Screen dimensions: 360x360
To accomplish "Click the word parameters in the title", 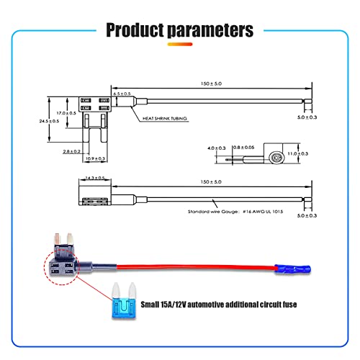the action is tap(210, 30).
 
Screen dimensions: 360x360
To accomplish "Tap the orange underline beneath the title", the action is tap(180, 44).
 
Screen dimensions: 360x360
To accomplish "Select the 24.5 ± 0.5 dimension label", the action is tap(49, 121).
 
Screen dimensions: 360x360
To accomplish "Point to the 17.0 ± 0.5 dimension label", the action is tap(66, 113).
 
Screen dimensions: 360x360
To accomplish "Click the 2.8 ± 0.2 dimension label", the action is tap(71, 151).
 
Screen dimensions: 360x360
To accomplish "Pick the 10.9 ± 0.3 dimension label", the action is tap(95, 158).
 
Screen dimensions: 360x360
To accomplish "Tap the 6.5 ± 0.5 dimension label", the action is tap(122, 94).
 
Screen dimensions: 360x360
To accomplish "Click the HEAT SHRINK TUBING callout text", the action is tap(165, 118).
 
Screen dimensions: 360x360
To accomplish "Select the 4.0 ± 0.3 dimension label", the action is tap(217, 148).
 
